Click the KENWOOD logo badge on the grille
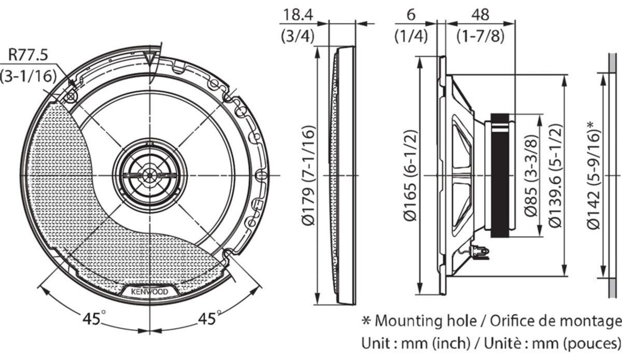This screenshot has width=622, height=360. click(x=150, y=292)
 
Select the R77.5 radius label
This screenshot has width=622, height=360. click(x=28, y=55)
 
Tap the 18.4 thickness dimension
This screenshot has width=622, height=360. click(x=298, y=15)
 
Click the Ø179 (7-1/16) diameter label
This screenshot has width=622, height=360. click(x=308, y=176)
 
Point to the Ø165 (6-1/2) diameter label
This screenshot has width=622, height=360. click(x=410, y=176)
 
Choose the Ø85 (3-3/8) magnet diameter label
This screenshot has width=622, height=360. click(x=531, y=176)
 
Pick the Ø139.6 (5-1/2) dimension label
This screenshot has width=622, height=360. click(x=556, y=176)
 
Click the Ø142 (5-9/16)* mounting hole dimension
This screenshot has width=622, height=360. click(x=594, y=176)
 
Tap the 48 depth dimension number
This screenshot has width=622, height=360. click(x=480, y=15)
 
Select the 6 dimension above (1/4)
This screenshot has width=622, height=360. click(x=411, y=15)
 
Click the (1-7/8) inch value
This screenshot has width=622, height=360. click(x=480, y=36)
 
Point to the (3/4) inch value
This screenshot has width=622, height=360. click(x=298, y=36)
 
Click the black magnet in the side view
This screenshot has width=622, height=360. click(x=500, y=176)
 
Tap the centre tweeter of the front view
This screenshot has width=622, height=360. click(x=150, y=175)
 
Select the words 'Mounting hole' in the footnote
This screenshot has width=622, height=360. click(x=426, y=321)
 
